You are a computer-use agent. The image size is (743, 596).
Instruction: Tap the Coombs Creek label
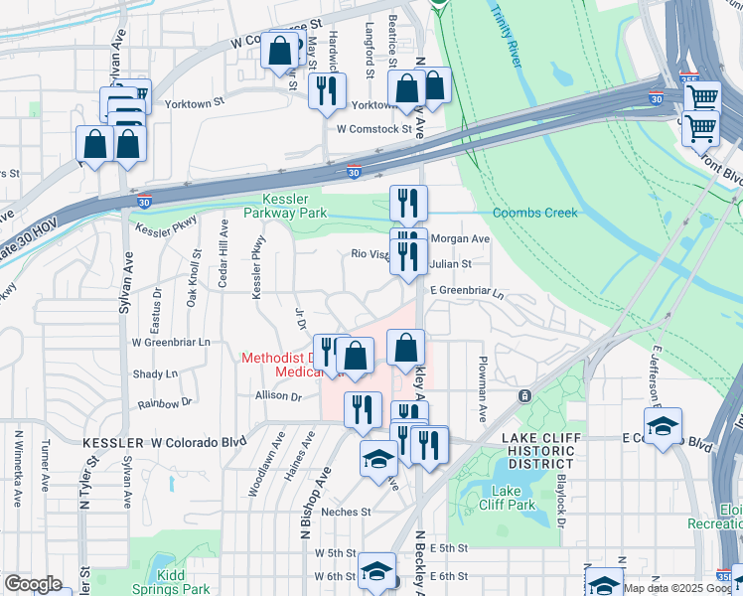534,213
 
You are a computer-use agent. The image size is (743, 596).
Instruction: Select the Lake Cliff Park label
512,498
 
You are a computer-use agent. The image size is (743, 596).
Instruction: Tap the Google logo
33,584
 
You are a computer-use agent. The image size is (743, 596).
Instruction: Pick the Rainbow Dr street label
165,403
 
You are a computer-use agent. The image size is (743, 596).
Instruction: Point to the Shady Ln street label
155,373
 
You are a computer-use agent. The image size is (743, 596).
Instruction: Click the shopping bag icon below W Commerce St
281,50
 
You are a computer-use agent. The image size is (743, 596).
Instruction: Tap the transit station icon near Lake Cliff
522,395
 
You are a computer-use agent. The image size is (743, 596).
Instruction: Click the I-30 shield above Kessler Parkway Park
354,173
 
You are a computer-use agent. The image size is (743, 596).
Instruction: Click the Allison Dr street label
278,395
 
